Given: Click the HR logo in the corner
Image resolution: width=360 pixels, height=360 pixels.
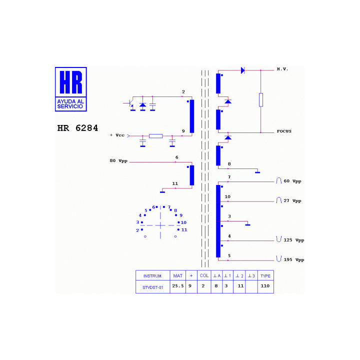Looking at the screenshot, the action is [70, 89].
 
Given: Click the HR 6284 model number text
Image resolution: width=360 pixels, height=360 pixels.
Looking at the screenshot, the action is [77, 128].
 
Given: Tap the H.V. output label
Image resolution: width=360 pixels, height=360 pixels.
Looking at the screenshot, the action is [282, 69].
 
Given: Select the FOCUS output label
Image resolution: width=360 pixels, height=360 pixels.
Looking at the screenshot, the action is [284, 131].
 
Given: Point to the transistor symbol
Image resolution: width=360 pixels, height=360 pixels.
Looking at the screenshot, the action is [130, 103].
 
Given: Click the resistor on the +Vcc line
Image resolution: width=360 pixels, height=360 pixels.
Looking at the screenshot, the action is [155, 136].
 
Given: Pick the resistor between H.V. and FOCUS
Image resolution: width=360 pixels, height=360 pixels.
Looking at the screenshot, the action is [261, 100].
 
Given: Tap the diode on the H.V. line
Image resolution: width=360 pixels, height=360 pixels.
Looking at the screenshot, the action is [243, 70].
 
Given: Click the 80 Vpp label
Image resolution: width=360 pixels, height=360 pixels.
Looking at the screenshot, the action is [118, 160].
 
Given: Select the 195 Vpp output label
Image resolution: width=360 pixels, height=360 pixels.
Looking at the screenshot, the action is [294, 259].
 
